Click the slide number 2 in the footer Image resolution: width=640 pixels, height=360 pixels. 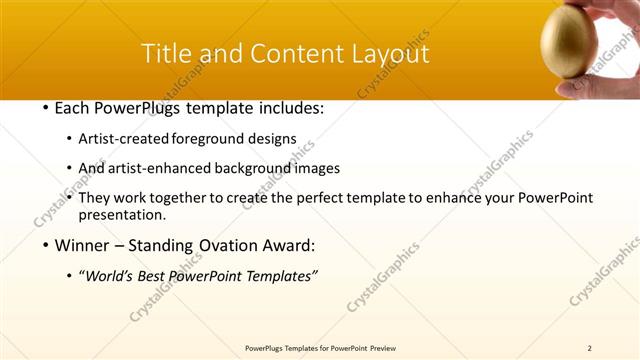pyautogui.click(x=590, y=347)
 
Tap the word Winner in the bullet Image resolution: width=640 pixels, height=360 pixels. pyautogui.click(x=84, y=245)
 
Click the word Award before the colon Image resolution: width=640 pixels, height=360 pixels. pyautogui.click(x=289, y=245)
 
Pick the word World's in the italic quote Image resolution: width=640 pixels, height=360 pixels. pyautogui.click(x=113, y=276)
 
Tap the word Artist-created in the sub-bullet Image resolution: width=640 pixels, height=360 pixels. pyautogui.click(x=124, y=138)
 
